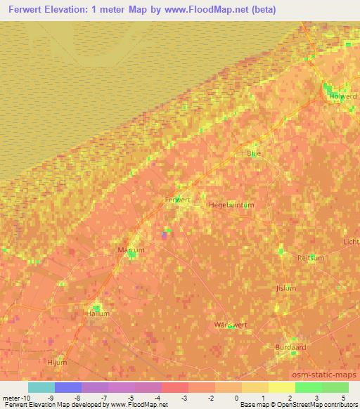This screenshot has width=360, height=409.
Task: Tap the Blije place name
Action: (x=253, y=153)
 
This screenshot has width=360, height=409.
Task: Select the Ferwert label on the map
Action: (x=176, y=200)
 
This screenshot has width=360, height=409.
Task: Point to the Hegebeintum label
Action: (x=231, y=204)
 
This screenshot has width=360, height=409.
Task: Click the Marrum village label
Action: (x=131, y=249)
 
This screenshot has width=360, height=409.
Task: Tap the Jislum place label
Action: (x=286, y=288)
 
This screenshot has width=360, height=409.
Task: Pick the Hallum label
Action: (x=98, y=314)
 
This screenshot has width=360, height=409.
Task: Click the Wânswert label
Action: (x=230, y=325)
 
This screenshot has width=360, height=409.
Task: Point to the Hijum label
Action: (x=56, y=362)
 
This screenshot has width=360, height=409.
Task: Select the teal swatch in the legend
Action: (x=41, y=387)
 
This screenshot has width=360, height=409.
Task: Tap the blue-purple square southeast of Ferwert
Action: (x=165, y=235)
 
